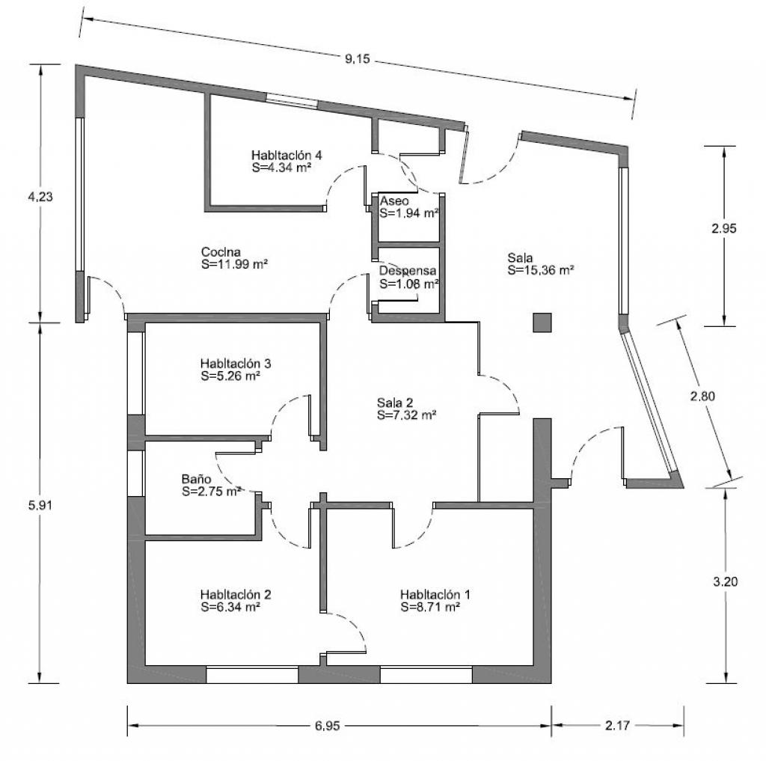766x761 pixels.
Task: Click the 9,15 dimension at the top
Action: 358,59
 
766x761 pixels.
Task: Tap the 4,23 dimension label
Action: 40,197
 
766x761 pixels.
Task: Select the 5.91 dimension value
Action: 40,505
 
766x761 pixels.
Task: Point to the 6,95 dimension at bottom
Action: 328,726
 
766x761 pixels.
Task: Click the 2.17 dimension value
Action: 617,725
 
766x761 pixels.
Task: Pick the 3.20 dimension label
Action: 726,581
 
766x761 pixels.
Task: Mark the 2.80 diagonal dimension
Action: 702,396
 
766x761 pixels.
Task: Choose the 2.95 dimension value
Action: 724,228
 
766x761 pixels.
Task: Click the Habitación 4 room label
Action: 287,156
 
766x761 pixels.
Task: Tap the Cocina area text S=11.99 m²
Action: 234,264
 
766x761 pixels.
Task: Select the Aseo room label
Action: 394,201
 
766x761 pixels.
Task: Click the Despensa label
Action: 408,271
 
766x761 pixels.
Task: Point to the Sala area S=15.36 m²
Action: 540,270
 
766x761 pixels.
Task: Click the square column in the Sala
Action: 542,323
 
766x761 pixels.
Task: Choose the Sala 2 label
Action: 395,403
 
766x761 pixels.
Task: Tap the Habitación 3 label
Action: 236,364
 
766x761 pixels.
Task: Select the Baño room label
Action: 197,479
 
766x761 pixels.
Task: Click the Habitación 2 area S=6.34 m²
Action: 230,607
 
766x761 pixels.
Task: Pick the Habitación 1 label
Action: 435,595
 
